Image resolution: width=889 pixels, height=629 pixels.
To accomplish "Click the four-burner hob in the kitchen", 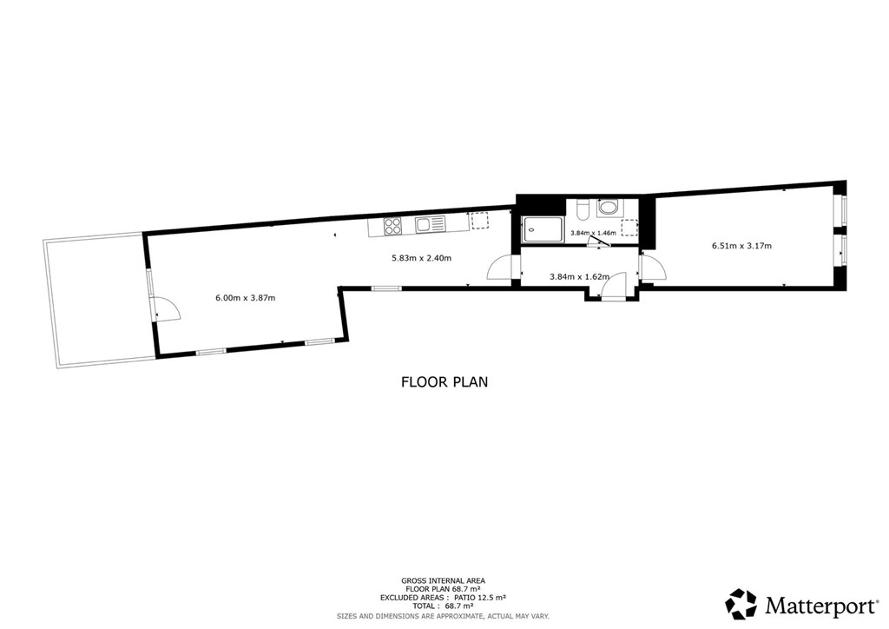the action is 392,226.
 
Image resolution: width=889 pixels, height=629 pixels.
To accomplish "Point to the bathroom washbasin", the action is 608,207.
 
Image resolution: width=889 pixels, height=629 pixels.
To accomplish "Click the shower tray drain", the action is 530,231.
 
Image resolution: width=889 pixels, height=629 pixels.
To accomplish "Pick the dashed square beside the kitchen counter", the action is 479,221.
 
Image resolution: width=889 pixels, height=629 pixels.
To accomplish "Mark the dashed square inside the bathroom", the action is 629,227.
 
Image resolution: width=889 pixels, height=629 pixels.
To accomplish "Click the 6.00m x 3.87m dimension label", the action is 246,298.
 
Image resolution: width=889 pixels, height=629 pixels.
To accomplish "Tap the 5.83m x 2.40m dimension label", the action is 421,259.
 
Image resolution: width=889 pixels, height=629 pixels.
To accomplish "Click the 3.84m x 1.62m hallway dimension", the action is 579,277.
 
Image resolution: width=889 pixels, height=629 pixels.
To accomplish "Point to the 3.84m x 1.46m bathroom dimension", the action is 592,233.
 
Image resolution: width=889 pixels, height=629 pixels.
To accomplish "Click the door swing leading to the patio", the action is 166,309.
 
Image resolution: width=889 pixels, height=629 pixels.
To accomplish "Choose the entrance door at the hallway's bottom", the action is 613,286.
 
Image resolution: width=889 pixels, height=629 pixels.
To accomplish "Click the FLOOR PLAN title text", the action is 444,382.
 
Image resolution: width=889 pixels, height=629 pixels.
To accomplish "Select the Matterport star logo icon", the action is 741,604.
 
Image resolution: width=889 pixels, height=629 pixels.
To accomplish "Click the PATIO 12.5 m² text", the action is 479,598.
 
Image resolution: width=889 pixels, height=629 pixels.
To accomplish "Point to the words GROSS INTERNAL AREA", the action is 443,581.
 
